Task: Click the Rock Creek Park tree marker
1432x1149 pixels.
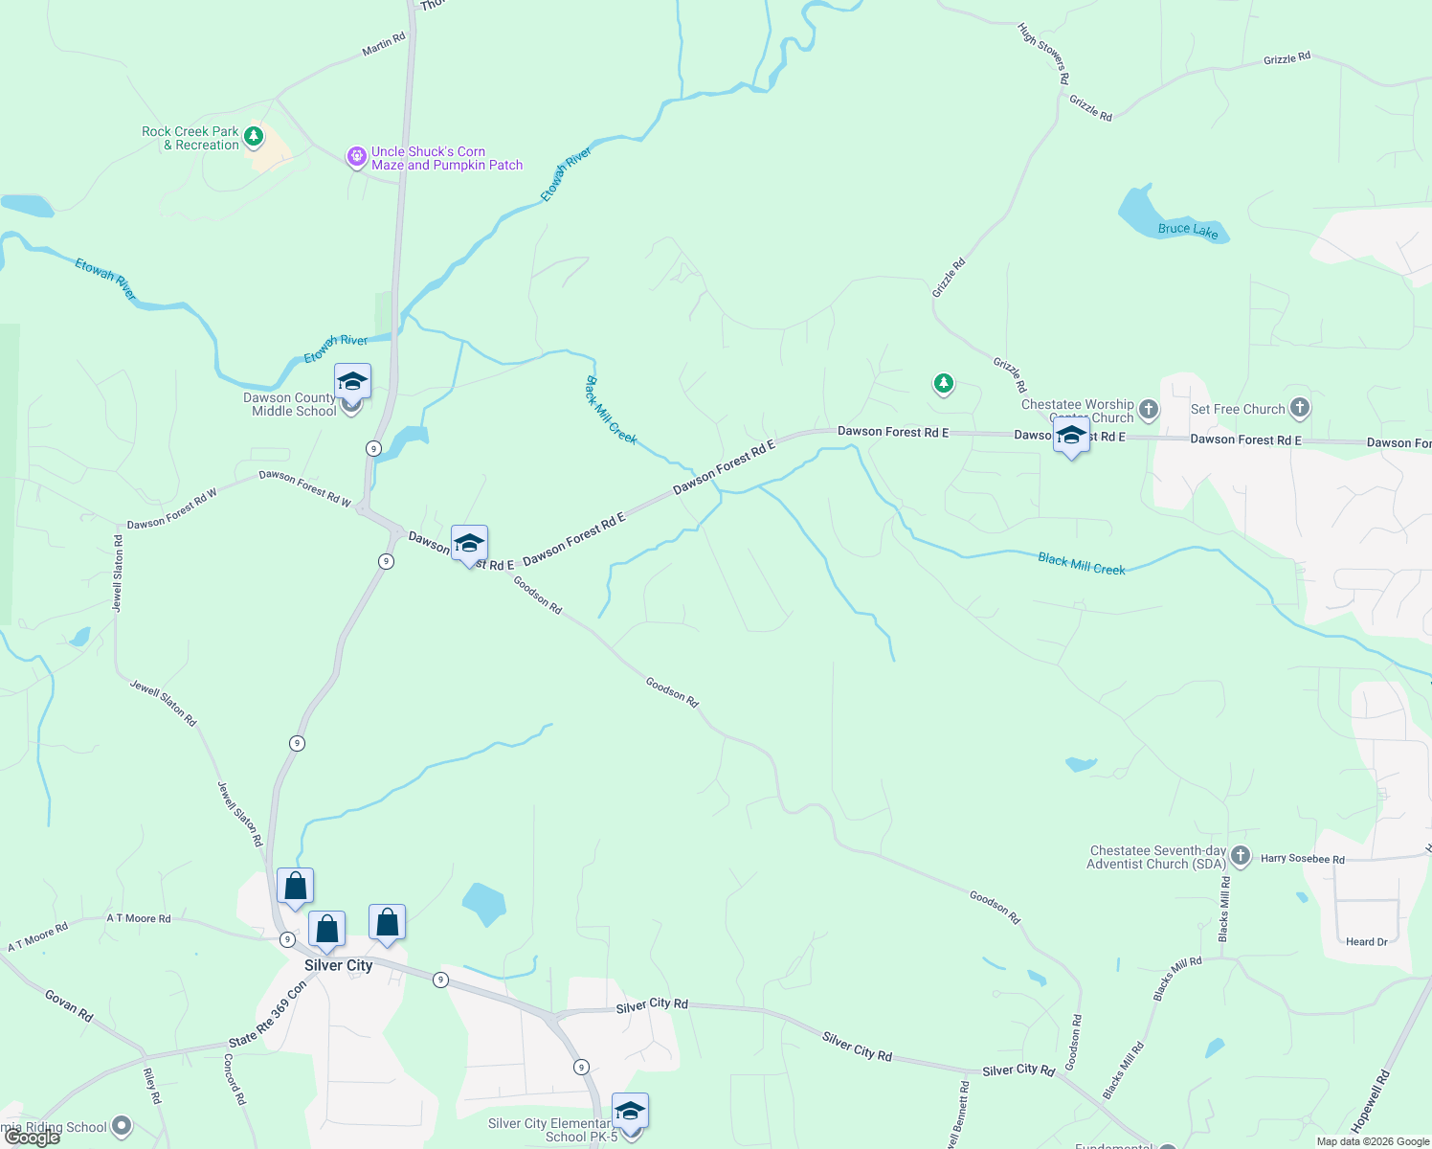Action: point(254,137)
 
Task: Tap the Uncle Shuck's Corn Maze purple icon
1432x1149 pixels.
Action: point(356,157)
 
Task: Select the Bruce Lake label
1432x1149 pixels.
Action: point(1188,230)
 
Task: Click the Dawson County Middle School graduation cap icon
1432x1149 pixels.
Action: point(352,382)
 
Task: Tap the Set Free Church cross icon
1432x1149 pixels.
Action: point(1299,408)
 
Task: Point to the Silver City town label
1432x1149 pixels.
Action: point(338,965)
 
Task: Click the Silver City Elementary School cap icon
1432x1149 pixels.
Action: point(630,1112)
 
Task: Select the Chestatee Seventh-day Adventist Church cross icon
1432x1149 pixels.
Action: point(1240,856)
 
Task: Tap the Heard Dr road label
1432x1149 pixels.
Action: point(1366,942)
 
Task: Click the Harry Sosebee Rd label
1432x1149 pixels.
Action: point(1302,859)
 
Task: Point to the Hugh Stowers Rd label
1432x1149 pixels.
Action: point(1042,54)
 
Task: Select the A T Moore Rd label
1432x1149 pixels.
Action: point(139,918)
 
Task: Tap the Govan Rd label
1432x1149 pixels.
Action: point(69,1005)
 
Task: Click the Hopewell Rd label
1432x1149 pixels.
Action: point(1370,1102)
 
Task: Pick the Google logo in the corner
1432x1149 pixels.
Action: point(33,1138)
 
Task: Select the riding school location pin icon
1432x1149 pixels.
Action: point(122,1126)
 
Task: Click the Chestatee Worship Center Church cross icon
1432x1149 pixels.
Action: point(1148,410)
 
